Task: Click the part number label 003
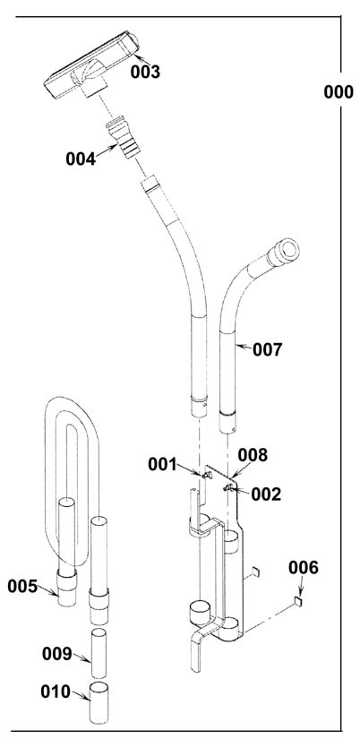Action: (145, 73)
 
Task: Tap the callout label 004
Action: (81, 159)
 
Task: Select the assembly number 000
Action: (339, 92)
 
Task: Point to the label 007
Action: (267, 349)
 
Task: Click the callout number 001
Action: (163, 465)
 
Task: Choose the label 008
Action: (253, 455)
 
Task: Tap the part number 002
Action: (266, 494)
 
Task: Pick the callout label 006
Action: (304, 568)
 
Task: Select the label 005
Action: (22, 587)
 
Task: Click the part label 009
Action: (57, 654)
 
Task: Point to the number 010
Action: (56, 692)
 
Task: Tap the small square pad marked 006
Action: (297, 601)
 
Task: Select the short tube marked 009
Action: (99, 653)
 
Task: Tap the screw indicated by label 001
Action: (205, 475)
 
